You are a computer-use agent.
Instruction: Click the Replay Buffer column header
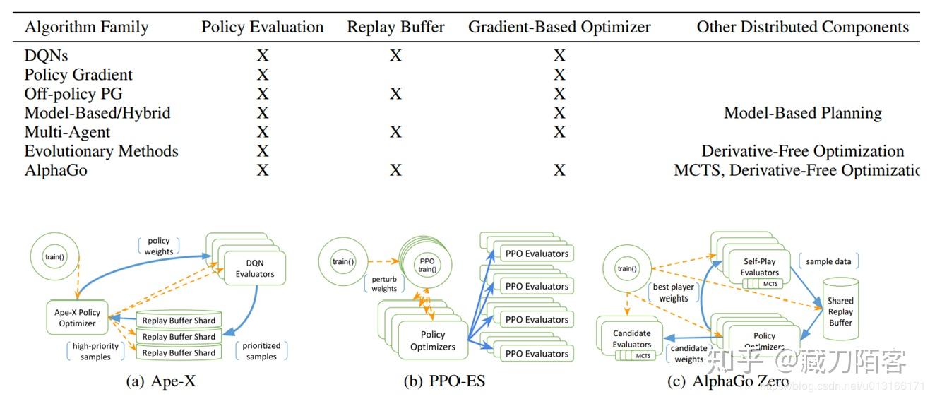coord(395,28)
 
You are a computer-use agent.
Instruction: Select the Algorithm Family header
coord(86,28)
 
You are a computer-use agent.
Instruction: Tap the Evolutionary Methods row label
coord(101,151)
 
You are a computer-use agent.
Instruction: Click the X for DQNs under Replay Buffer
coord(395,56)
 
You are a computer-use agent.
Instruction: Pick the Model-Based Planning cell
coord(802,113)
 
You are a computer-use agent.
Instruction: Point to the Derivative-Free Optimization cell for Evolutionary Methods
coord(802,151)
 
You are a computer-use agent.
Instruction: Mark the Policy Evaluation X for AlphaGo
coord(263,170)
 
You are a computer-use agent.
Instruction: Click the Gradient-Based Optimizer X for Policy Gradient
coord(559,75)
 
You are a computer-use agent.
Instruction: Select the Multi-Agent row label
coord(67,132)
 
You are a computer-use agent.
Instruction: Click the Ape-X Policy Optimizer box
coord(77,318)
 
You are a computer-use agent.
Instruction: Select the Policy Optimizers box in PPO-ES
coord(433,340)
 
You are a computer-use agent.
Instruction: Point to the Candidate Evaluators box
coord(632,339)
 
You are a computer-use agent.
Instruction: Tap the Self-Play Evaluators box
coord(760,267)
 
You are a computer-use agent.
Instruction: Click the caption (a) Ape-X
coord(160,382)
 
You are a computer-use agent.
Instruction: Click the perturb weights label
coord(384,284)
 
